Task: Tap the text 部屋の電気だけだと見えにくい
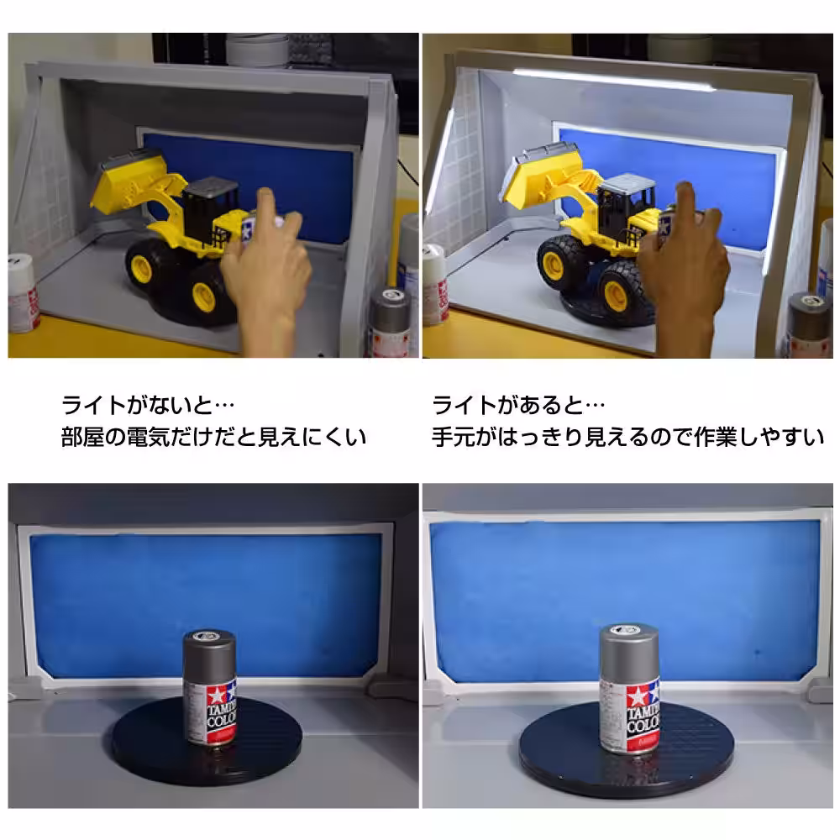[x=214, y=438]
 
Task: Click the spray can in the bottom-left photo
[x=210, y=689]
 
